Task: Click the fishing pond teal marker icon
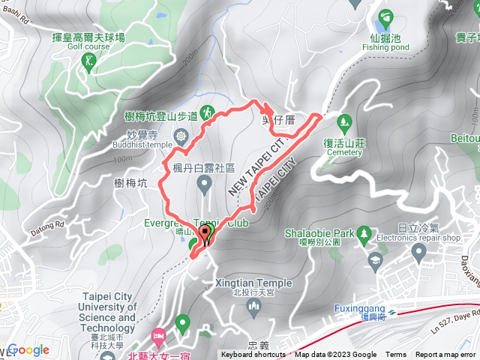click(386, 17)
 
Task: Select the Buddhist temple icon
click(180, 136)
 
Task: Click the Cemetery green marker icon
click(345, 120)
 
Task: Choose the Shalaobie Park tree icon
click(364, 233)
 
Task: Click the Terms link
click(396, 355)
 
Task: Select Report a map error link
click(446, 355)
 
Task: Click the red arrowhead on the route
click(270, 107)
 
